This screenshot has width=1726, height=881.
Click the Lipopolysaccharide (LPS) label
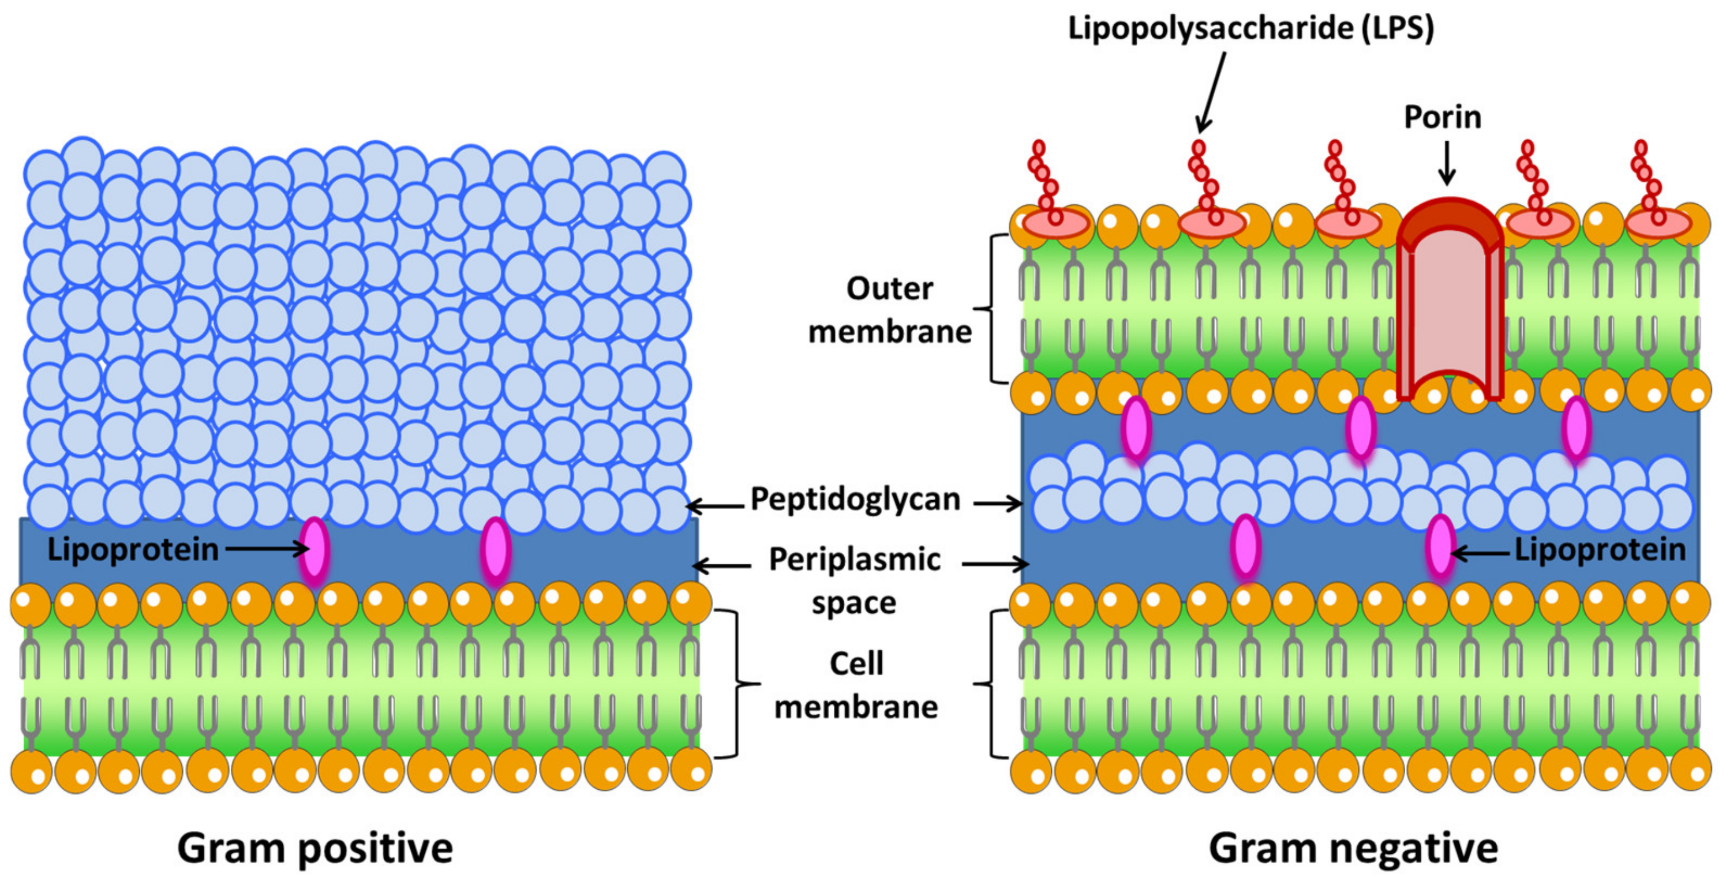click(1250, 29)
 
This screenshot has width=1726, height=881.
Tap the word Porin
click(1442, 117)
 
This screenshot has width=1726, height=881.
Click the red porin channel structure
click(1449, 302)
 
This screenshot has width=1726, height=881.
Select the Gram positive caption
click(315, 848)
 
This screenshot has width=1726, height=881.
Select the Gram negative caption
click(1353, 848)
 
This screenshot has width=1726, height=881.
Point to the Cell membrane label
click(856, 685)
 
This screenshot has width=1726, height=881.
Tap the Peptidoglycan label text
click(855, 499)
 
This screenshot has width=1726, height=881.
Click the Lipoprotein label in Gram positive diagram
click(133, 550)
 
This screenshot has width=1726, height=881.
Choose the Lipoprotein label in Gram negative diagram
click(1600, 550)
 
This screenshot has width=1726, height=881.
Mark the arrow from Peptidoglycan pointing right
click(998, 503)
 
